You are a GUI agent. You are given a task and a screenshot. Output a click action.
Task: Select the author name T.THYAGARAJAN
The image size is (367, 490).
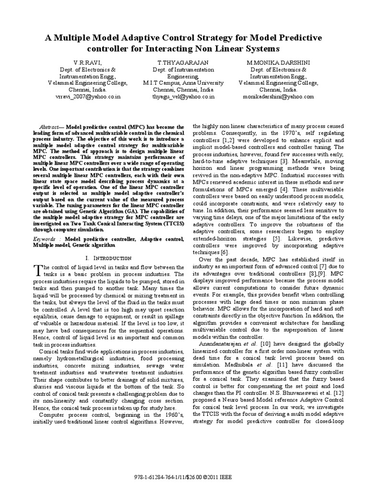click(x=183, y=63)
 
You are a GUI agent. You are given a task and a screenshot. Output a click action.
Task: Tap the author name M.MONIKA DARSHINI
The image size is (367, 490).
click(x=279, y=63)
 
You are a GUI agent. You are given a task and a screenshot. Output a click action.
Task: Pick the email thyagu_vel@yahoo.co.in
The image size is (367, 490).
click(x=183, y=96)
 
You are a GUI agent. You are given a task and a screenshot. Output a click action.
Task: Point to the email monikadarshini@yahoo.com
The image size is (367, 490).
click(x=279, y=96)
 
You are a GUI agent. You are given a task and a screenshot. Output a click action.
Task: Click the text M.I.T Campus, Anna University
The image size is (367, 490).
click(x=183, y=83)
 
